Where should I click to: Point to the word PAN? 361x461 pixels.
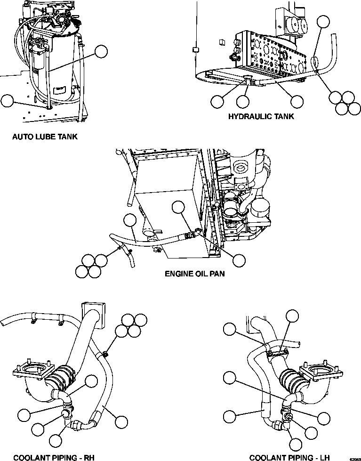pos(215,273)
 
